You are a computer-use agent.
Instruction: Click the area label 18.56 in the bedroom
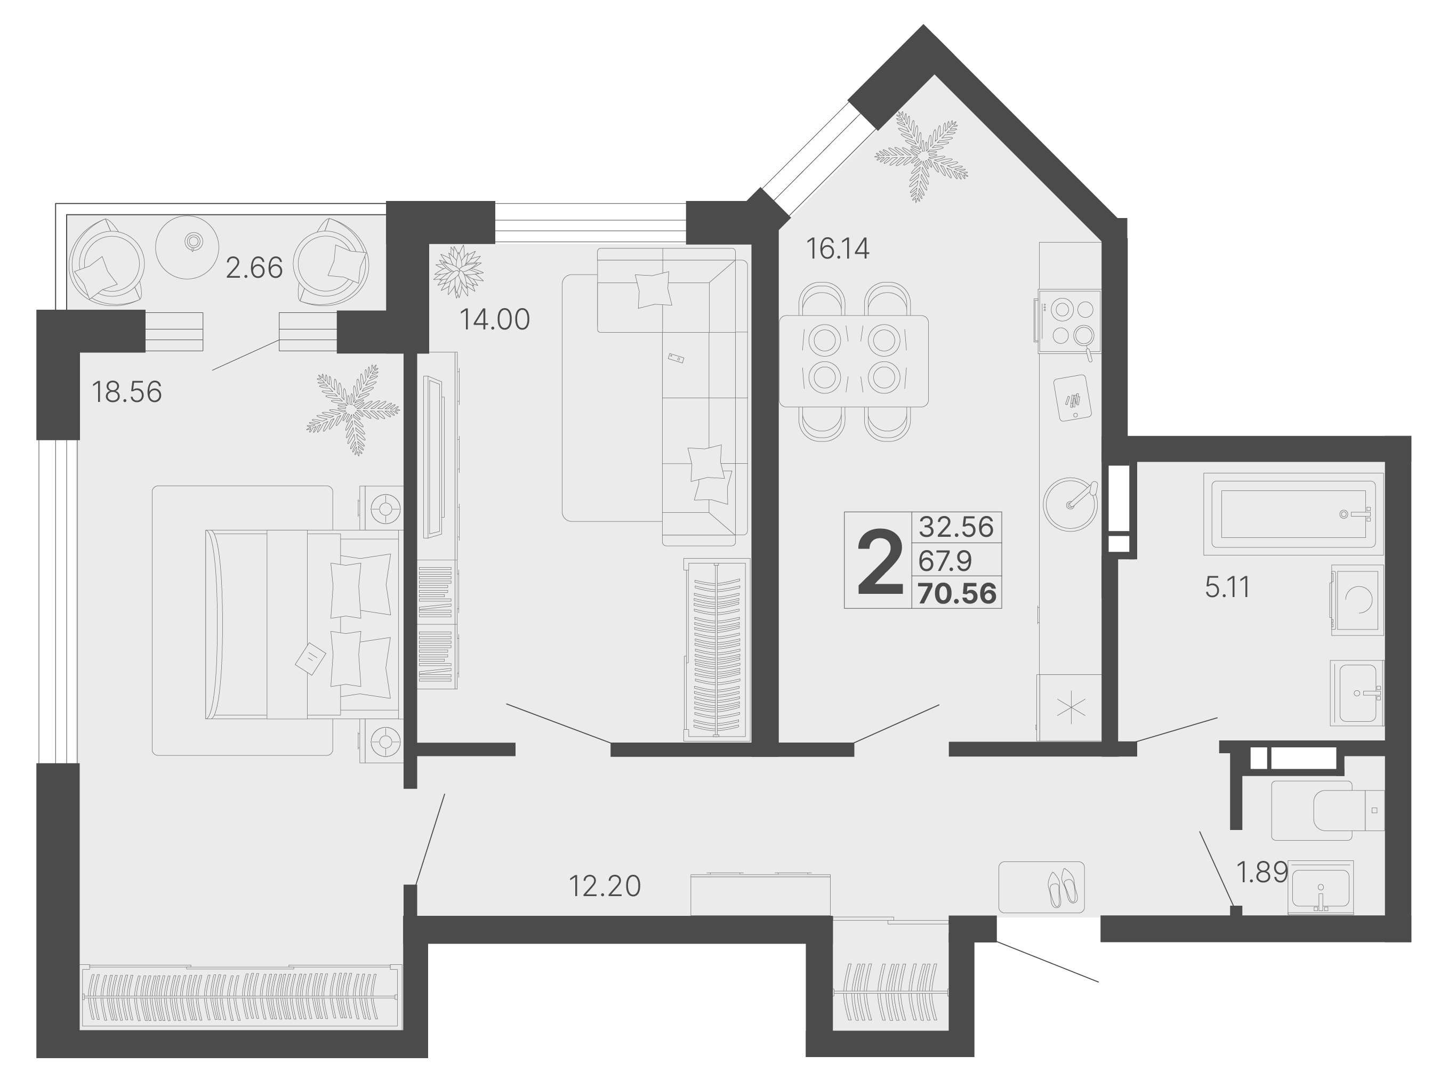pyautogui.click(x=126, y=392)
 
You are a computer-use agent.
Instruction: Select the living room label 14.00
pyautogui.click(x=494, y=319)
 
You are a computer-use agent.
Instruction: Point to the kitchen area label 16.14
pyautogui.click(x=837, y=249)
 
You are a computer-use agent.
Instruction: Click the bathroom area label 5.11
pyautogui.click(x=1227, y=587)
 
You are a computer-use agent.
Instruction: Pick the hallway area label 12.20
pyautogui.click(x=604, y=886)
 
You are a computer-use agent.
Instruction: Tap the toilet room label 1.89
pyautogui.click(x=1261, y=872)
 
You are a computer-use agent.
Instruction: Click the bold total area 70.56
pyautogui.click(x=956, y=594)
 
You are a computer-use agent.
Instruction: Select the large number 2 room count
pyautogui.click(x=880, y=562)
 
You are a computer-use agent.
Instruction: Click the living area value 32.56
pyautogui.click(x=956, y=526)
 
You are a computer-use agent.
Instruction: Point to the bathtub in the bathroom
pyautogui.click(x=1292, y=514)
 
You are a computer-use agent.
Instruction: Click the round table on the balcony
pyautogui.click(x=187, y=247)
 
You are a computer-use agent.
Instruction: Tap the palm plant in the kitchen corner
pyautogui.click(x=921, y=157)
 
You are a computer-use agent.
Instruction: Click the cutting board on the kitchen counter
pyautogui.click(x=1072, y=397)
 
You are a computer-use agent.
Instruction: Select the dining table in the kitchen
pyautogui.click(x=854, y=361)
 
